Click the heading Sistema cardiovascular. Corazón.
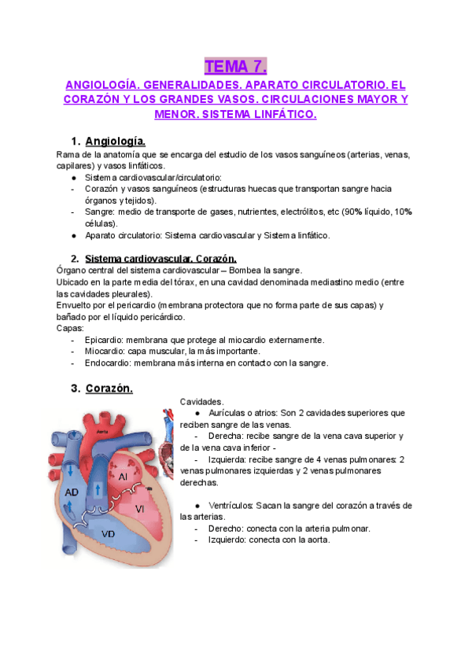coord(160,259)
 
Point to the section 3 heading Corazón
coord(109,388)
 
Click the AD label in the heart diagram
coord(72,492)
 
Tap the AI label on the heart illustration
coord(124,476)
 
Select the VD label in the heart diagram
coord(109,533)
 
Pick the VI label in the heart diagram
coord(161,509)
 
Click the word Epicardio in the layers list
coord(105,340)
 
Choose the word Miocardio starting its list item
coord(105,352)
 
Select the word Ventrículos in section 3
coord(234,505)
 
